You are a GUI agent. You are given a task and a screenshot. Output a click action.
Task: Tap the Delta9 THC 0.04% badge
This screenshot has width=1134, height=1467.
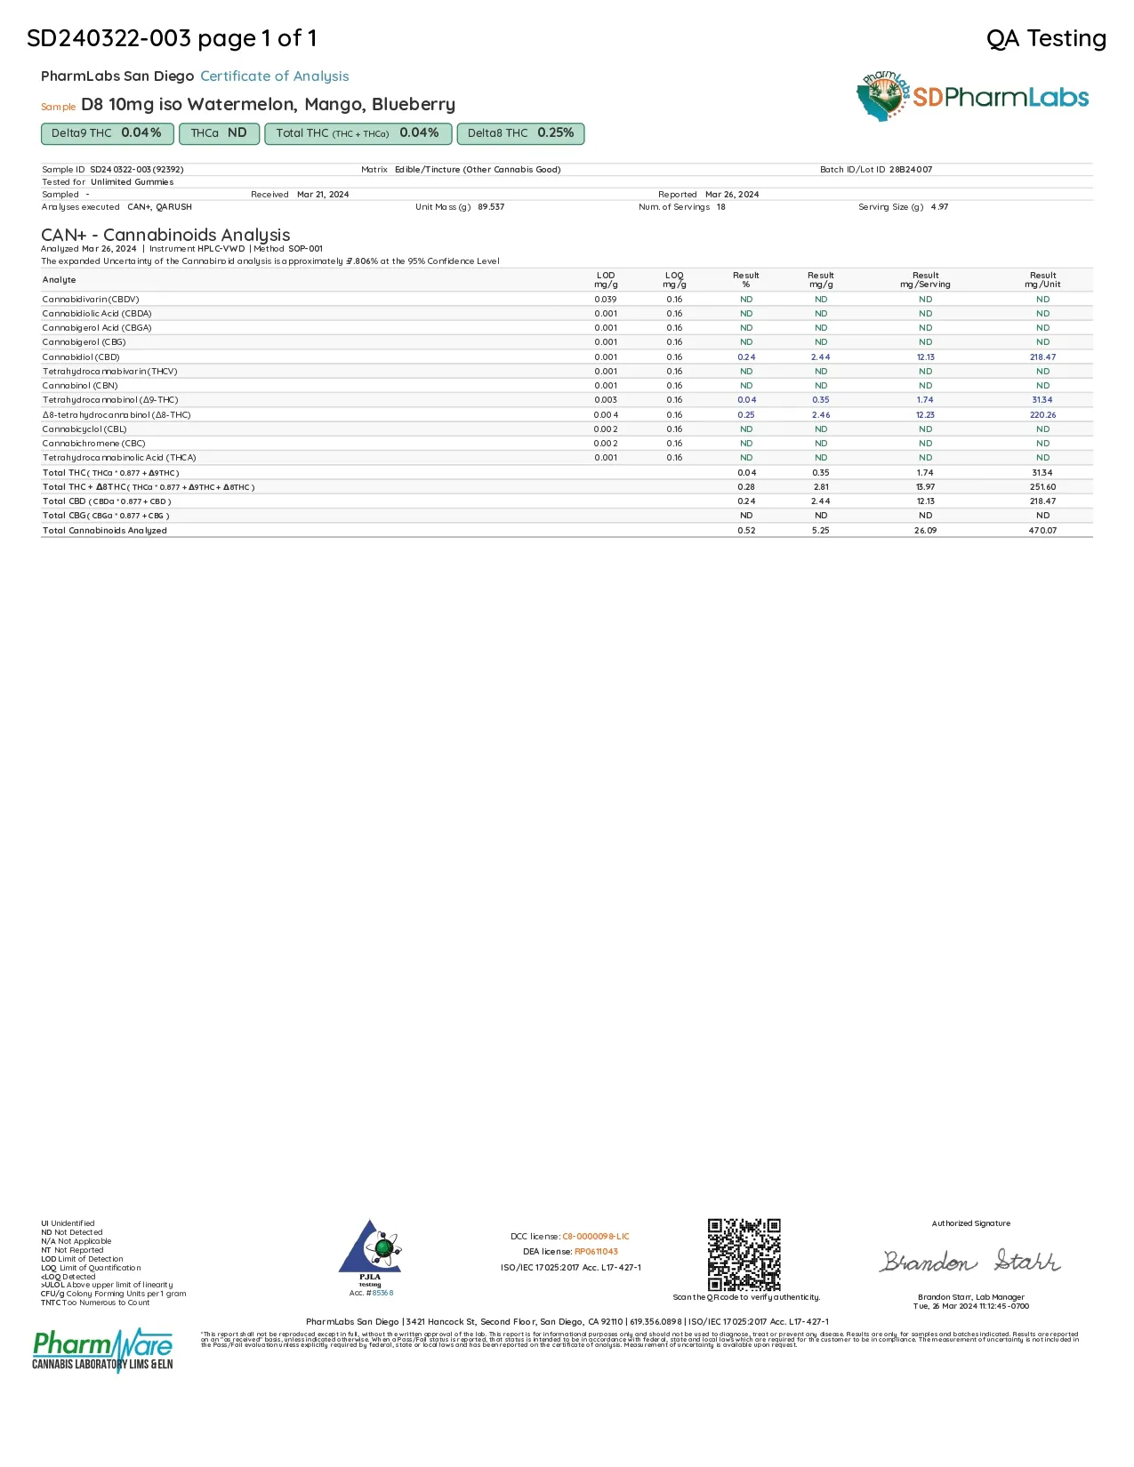[106, 133]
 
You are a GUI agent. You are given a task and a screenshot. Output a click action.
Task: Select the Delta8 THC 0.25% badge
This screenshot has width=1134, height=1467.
[520, 133]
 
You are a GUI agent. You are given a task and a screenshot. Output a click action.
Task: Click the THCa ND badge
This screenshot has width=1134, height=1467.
[219, 133]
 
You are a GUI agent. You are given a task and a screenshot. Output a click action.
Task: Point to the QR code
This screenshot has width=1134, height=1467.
[744, 1255]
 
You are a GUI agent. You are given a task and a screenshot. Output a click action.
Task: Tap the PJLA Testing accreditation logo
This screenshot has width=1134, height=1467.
[370, 1253]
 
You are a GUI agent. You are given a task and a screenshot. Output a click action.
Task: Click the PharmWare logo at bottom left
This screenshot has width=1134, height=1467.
[102, 1350]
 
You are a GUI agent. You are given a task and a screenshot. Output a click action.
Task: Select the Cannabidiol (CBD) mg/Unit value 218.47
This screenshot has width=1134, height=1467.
[1042, 357]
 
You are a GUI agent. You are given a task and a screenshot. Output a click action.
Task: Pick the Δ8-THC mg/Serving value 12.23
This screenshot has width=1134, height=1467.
[925, 415]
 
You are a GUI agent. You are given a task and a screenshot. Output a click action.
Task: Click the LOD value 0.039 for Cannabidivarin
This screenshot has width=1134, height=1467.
[606, 300]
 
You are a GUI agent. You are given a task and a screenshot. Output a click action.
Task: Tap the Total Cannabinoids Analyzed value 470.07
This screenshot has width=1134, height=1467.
[1042, 531]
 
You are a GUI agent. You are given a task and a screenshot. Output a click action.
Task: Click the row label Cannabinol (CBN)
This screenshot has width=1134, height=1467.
[80, 386]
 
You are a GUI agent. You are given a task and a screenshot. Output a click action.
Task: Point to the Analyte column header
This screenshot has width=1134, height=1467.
[60, 280]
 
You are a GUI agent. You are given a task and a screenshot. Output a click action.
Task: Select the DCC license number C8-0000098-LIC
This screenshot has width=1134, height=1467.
[595, 1237]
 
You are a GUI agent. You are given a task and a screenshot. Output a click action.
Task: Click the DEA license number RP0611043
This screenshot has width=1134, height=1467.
[596, 1252]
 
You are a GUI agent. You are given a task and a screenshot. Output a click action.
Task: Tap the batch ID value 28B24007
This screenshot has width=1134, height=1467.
[911, 170]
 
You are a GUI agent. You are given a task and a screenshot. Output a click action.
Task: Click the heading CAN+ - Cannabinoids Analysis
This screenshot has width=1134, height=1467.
[165, 235]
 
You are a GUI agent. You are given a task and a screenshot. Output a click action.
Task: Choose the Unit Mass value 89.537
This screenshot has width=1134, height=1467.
[491, 207]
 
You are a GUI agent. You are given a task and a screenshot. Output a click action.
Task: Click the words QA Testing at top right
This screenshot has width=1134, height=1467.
[1046, 38]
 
